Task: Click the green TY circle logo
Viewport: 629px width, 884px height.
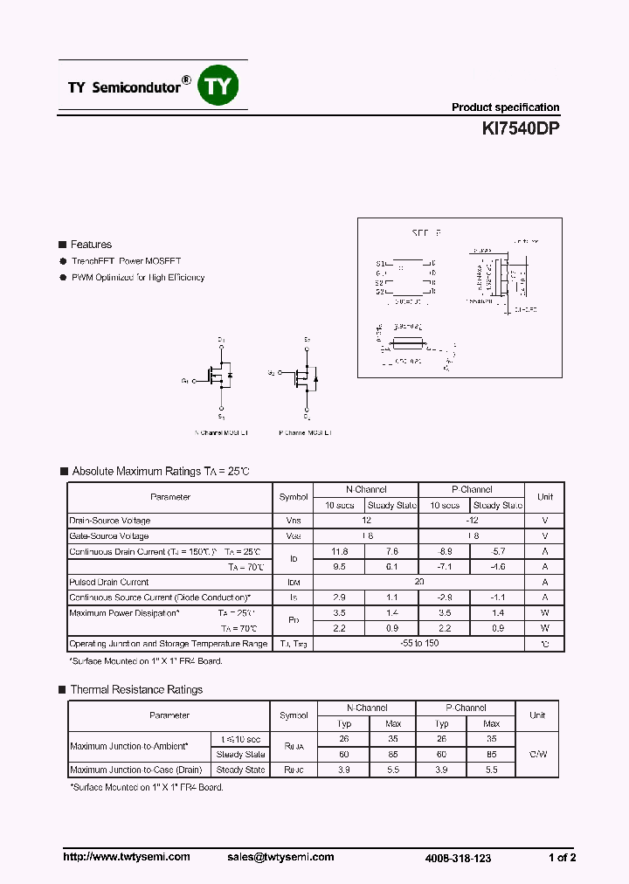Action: (219, 86)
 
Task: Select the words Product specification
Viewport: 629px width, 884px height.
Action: (505, 107)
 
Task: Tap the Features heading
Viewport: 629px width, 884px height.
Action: (91, 245)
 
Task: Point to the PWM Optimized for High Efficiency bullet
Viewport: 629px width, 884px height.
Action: (138, 277)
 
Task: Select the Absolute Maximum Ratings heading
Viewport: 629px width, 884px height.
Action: (161, 472)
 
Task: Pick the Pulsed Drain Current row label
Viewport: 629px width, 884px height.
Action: (109, 582)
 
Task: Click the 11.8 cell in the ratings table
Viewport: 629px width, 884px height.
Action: (339, 551)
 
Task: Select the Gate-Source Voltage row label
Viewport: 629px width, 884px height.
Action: (109, 535)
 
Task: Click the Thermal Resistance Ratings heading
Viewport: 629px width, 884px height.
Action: (136, 690)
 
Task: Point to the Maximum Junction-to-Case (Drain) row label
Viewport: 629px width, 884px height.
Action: (136, 770)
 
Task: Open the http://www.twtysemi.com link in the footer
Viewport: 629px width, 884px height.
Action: (127, 857)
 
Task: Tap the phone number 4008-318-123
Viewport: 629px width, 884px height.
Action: (458, 858)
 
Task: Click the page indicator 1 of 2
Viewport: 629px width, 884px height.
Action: (563, 858)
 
